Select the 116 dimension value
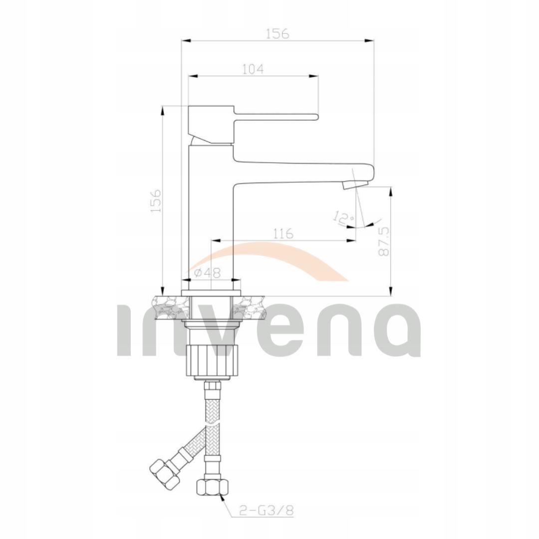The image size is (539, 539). (283, 234)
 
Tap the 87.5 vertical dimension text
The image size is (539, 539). (383, 242)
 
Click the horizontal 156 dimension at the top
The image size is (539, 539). (277, 33)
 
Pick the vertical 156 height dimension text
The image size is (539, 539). (156, 201)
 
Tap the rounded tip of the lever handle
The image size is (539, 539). (315, 117)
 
